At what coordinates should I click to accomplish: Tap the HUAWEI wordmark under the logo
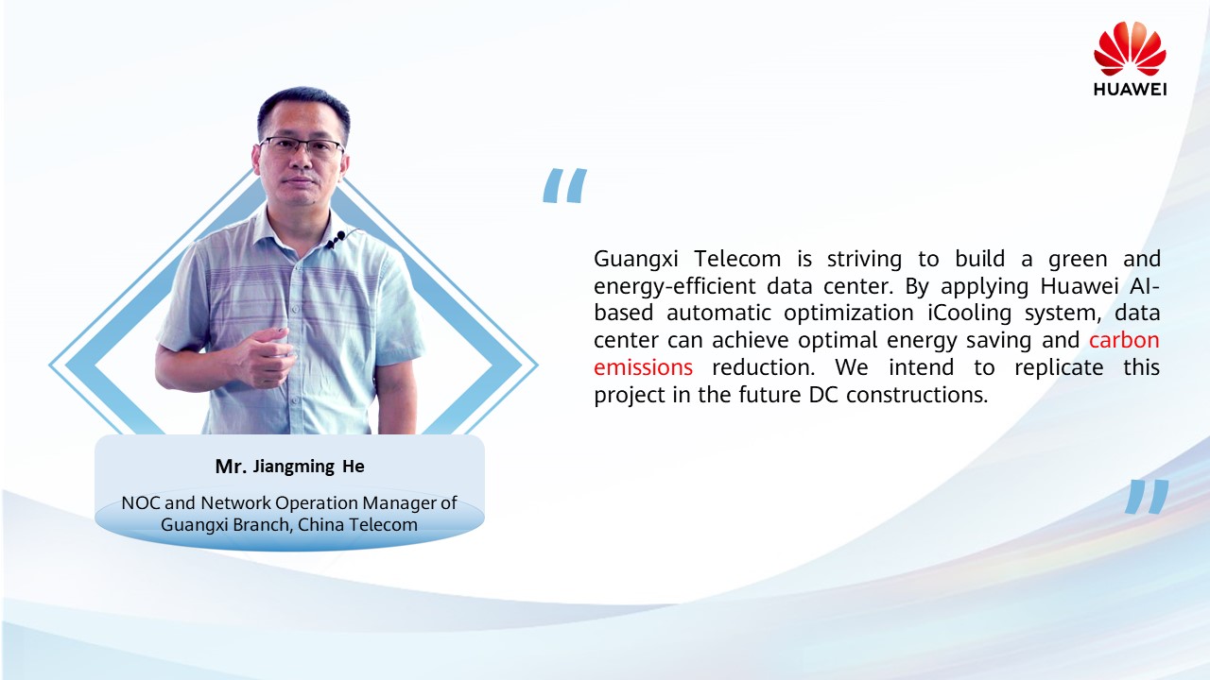point(1130,90)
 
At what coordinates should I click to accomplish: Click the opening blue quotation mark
point(564,185)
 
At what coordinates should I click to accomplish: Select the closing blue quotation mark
point(1147,497)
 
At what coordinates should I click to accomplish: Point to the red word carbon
point(1124,340)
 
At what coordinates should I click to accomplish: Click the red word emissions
point(643,367)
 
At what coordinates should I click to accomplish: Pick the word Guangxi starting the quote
point(636,260)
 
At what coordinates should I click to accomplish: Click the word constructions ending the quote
point(917,395)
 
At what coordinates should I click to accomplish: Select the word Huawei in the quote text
point(1079,286)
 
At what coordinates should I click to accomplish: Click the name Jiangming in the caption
point(294,467)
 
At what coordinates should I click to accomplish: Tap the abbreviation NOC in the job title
point(141,503)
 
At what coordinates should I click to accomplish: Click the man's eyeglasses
point(301,146)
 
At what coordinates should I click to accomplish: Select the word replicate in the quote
point(1059,368)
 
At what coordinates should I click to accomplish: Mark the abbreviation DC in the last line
point(823,395)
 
